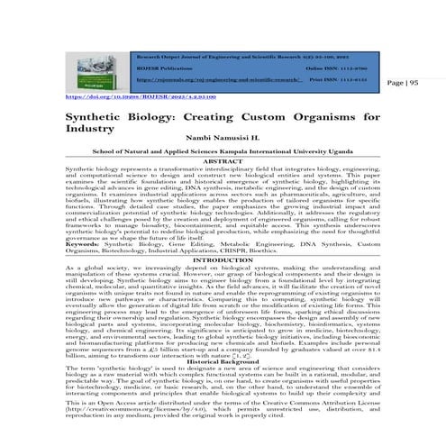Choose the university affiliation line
(x=224, y=153)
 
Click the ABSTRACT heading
(x=224, y=161)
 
